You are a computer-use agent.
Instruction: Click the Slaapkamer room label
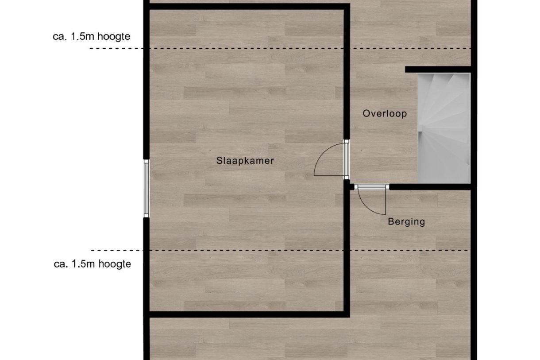(245, 161)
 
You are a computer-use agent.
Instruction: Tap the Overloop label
(385, 114)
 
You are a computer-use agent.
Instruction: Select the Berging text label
(406, 221)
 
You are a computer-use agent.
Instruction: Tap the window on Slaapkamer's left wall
(147, 188)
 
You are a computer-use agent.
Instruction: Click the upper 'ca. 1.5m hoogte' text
(92, 37)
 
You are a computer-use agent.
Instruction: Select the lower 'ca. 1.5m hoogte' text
(93, 264)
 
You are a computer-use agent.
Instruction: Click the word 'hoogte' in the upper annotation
(114, 37)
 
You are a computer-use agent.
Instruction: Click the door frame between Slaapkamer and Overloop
(347, 159)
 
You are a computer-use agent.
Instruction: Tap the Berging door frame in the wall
(372, 187)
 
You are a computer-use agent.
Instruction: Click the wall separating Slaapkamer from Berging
(347, 248)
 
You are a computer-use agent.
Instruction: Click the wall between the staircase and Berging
(429, 187)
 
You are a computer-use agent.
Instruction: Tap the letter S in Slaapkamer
(219, 161)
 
